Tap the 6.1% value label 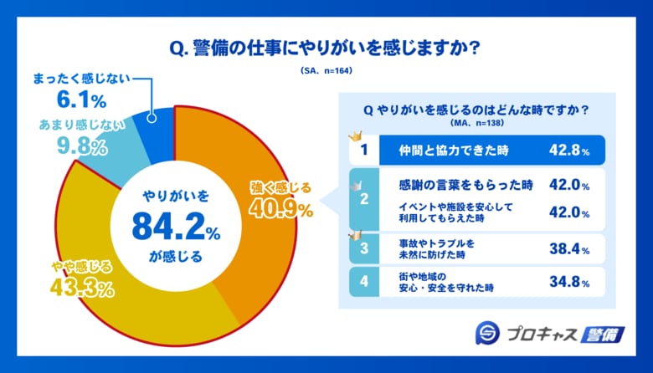tap(80, 101)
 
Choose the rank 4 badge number tap(364, 282)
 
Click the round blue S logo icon tap(488, 333)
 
